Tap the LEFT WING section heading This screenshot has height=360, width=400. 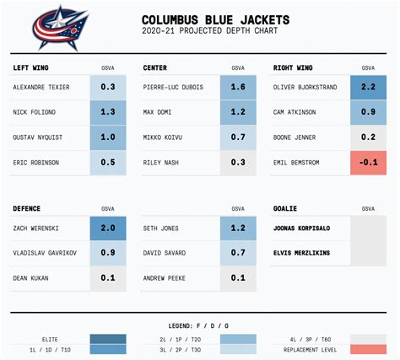31,67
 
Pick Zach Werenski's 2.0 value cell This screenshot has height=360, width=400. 107,227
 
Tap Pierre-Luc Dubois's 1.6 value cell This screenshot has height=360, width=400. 238,86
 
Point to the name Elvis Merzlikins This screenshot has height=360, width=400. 301,252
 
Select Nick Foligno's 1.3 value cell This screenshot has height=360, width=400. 107,111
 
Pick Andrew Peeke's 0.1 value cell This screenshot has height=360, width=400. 238,277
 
